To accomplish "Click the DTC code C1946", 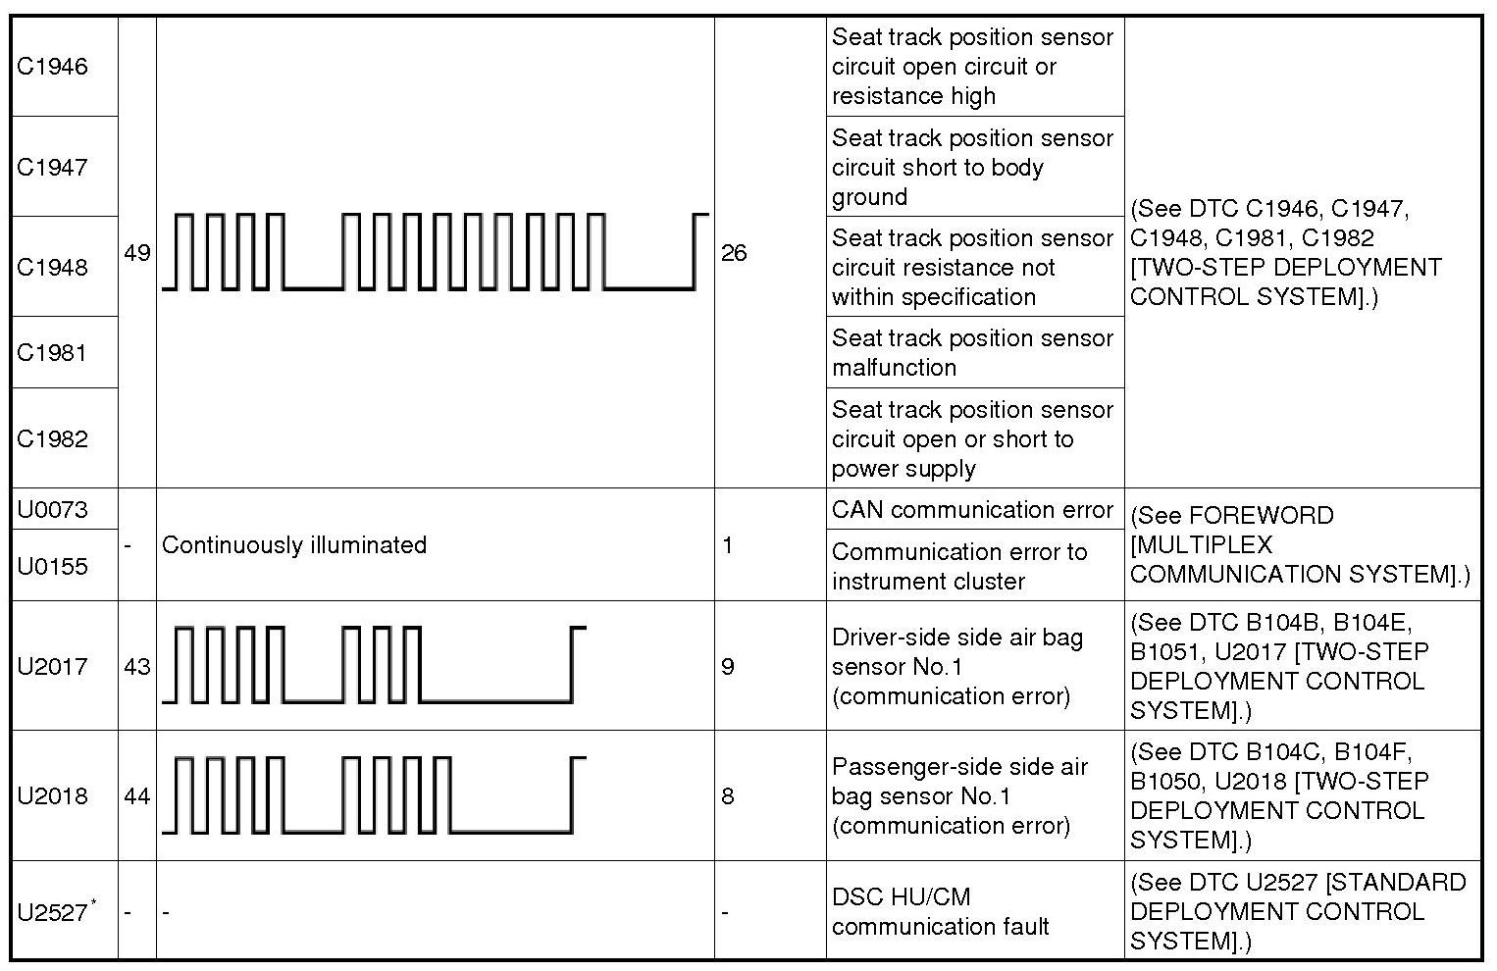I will click(x=53, y=67).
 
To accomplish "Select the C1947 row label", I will click(x=53, y=167).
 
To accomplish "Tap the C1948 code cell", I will click(x=53, y=267).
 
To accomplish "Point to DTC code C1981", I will click(x=53, y=352).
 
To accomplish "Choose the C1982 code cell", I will click(x=53, y=438).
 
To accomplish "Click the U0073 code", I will click(x=53, y=509).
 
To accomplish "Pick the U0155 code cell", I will click(x=53, y=566).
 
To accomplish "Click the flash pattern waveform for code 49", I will click(x=435, y=252).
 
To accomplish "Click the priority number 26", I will click(x=734, y=253).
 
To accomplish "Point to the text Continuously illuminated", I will click(x=294, y=545).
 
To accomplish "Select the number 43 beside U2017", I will click(x=137, y=667).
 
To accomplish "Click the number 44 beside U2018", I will click(x=137, y=796).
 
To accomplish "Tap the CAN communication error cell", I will click(x=972, y=510).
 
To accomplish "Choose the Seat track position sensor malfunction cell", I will click(x=972, y=352).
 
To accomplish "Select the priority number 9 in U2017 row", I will click(x=728, y=667).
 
